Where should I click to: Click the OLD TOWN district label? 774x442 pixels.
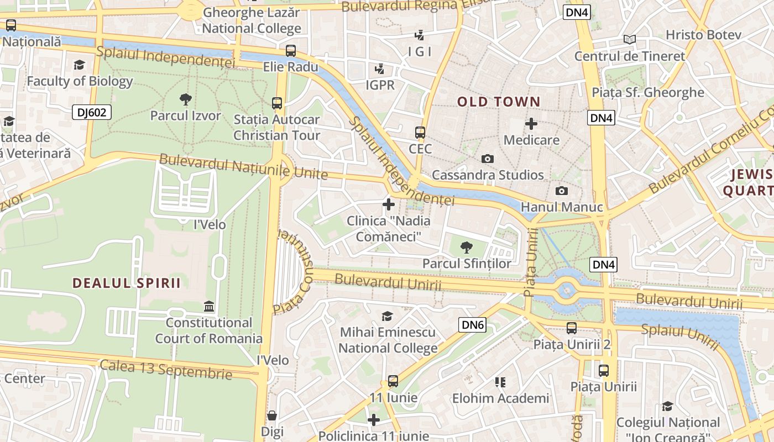coord(498,102)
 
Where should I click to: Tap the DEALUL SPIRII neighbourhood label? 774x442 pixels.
coord(127,283)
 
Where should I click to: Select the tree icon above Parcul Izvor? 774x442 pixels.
coord(186,99)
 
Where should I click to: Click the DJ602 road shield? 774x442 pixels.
coord(92,113)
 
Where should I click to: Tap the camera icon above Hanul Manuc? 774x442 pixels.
coord(562,191)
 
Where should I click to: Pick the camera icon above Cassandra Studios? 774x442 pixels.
coord(487,159)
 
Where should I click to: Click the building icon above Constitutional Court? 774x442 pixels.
coord(209,306)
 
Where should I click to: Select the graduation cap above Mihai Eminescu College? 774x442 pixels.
coord(388,316)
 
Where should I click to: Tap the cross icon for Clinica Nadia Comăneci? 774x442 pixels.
coord(389,204)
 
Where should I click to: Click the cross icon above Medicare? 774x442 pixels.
coord(531,124)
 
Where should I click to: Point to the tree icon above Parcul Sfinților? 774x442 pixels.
coord(467,247)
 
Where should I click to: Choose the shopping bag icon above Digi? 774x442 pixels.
coord(272,415)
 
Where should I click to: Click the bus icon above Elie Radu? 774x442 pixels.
coord(291,51)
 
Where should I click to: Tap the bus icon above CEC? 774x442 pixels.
coord(420,133)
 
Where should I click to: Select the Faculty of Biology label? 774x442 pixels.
coord(80,81)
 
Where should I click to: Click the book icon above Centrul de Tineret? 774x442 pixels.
coord(629,39)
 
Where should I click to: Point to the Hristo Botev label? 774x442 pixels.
coord(703,35)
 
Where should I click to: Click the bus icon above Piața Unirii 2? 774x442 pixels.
coord(572,328)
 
